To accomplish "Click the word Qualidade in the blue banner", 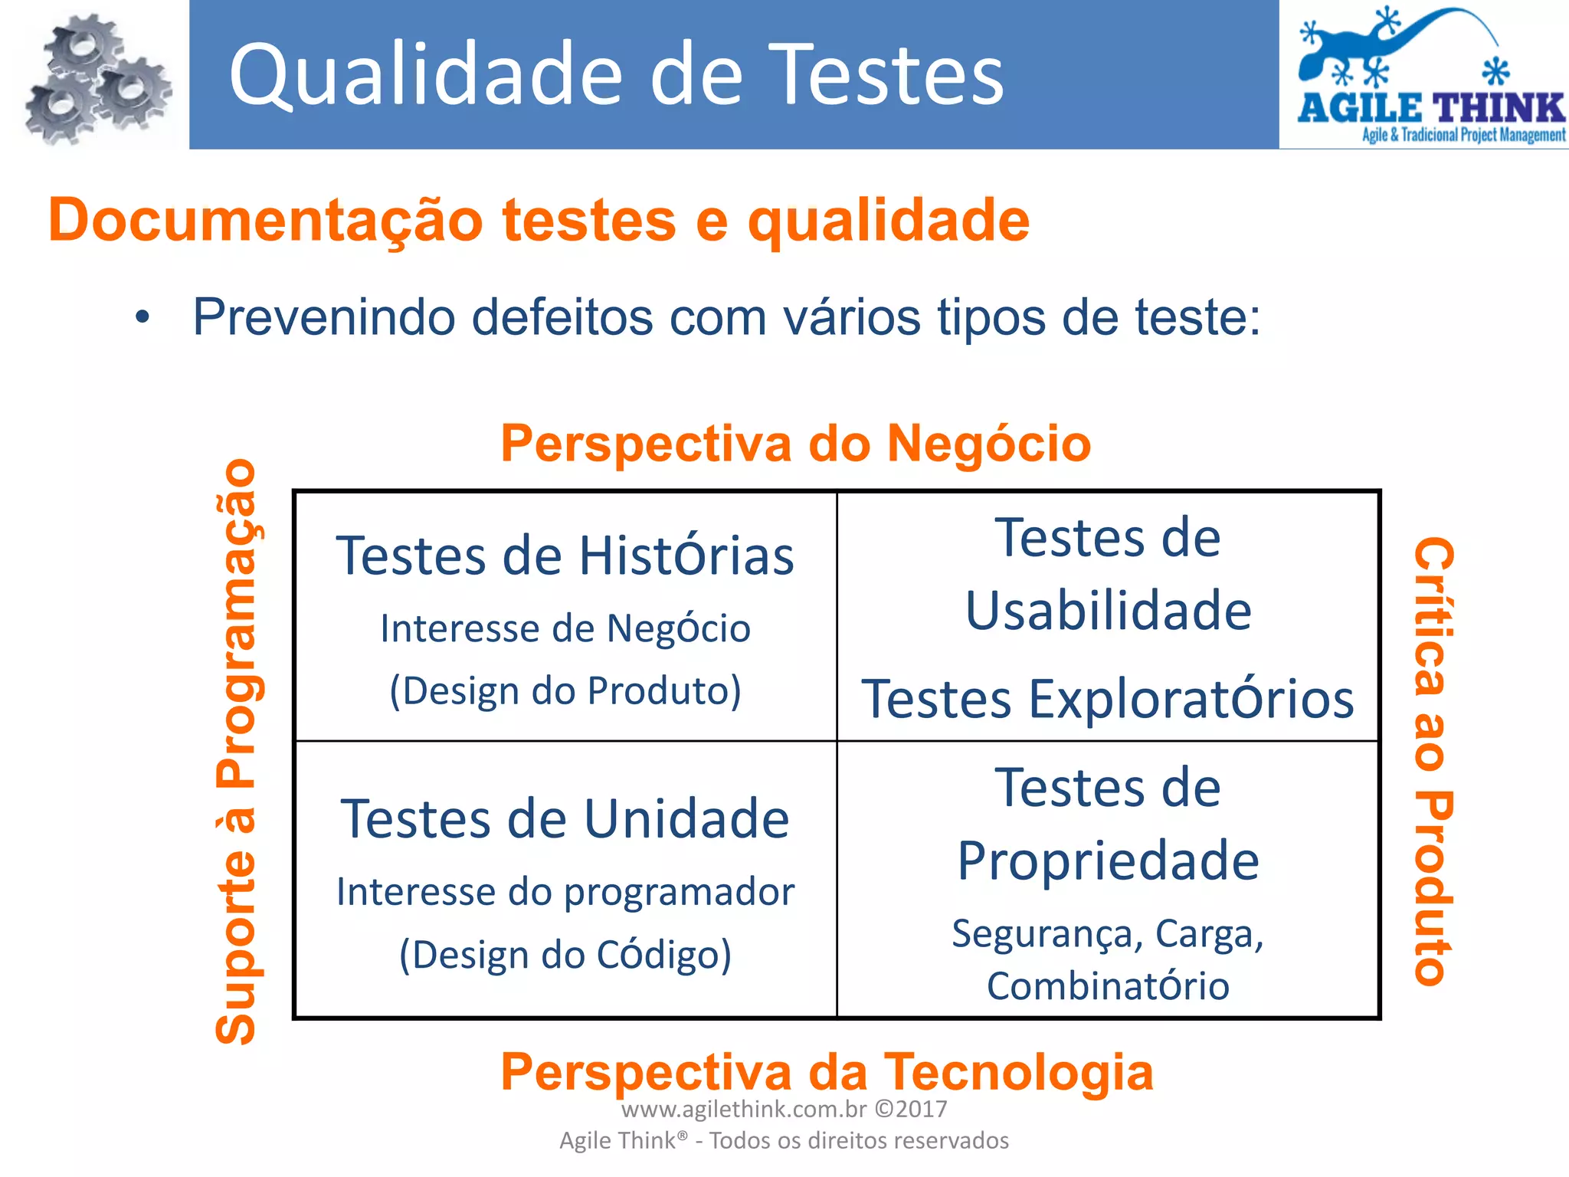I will click(x=426, y=75).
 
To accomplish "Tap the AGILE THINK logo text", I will click(x=1430, y=108).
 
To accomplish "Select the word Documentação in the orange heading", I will click(x=266, y=221).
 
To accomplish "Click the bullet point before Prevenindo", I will click(x=142, y=317).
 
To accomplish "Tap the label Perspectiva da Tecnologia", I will click(x=827, y=1071).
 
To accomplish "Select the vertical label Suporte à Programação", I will click(x=237, y=751).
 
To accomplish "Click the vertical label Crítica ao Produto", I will click(x=1433, y=760).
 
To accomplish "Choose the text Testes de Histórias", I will click(x=565, y=556).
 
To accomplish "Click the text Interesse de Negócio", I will click(x=565, y=629).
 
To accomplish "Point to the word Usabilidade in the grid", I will click(x=1108, y=611).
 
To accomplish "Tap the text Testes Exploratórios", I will click(x=1108, y=699).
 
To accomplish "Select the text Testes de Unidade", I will click(x=565, y=818).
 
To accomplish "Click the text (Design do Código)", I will click(x=565, y=956).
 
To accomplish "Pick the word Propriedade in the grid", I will click(x=1108, y=861).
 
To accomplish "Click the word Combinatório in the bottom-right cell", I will click(x=1108, y=986).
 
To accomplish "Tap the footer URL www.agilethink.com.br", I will click(x=743, y=1109).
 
